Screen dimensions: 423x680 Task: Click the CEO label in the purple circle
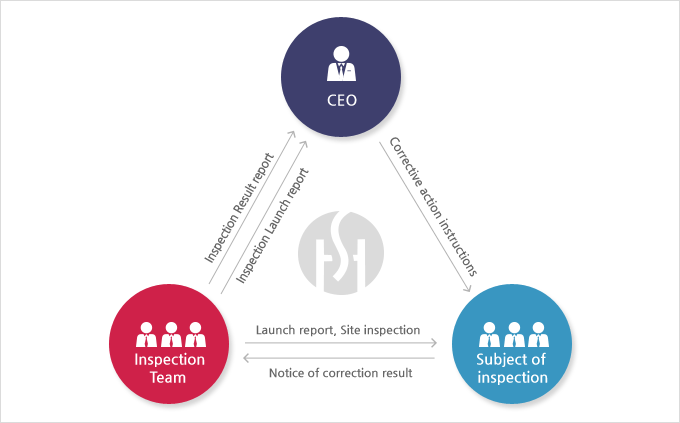(x=340, y=100)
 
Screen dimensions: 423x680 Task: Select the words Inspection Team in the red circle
(x=170, y=368)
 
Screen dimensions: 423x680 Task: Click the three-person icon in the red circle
(x=170, y=334)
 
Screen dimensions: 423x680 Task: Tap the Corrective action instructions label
(x=432, y=205)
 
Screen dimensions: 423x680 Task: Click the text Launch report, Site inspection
(x=337, y=329)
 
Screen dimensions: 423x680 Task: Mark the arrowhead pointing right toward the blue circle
(x=433, y=344)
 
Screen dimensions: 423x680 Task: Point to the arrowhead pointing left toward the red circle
(x=248, y=357)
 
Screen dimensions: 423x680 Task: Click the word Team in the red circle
(x=170, y=378)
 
